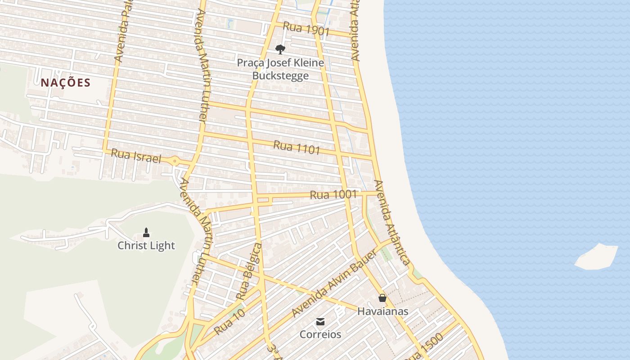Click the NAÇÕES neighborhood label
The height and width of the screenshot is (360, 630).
pyautogui.click(x=66, y=83)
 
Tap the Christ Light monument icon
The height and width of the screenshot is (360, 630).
pyautogui.click(x=146, y=233)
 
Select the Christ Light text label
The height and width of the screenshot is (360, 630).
pyautogui.click(x=146, y=246)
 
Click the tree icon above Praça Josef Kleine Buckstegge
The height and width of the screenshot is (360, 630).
pyautogui.click(x=280, y=49)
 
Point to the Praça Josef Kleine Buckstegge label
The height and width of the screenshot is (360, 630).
pyautogui.click(x=280, y=69)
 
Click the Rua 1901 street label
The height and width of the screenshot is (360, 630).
pyautogui.click(x=306, y=30)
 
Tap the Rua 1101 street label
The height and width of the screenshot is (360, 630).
pyautogui.click(x=297, y=148)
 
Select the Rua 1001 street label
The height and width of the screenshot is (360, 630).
pyautogui.click(x=333, y=195)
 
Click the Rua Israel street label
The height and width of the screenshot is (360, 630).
pyautogui.click(x=135, y=156)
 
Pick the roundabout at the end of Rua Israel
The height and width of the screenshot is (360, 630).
pyautogui.click(x=175, y=160)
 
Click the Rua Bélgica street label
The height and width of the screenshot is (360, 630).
pyautogui.click(x=249, y=271)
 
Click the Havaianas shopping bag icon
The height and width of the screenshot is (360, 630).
pyautogui.click(x=382, y=298)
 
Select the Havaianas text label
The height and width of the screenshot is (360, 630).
pyautogui.click(x=382, y=311)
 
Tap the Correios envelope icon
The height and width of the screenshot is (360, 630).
pyautogui.click(x=320, y=321)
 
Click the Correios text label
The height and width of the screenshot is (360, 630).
pyautogui.click(x=320, y=334)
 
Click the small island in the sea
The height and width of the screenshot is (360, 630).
pyautogui.click(x=597, y=257)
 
